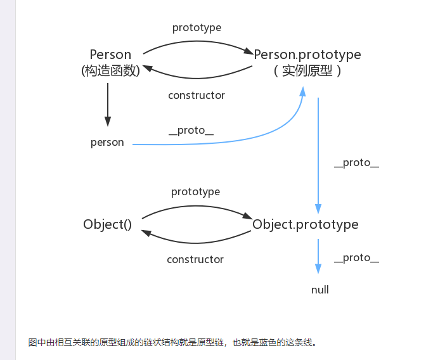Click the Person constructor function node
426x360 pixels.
[x=110, y=55]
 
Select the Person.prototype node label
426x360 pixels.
[x=307, y=55]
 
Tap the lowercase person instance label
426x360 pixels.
[x=107, y=143]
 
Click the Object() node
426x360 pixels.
[x=107, y=224]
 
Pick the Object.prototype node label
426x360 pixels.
[x=305, y=224]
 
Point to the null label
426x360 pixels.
[x=320, y=290]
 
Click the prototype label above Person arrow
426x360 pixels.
[x=197, y=28]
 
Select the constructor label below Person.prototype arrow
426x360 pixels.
[x=197, y=95]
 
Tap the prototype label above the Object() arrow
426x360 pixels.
[x=195, y=191]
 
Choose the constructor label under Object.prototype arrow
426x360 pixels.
[x=195, y=259]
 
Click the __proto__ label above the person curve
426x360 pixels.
[x=191, y=131]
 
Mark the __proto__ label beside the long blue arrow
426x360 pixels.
[x=356, y=163]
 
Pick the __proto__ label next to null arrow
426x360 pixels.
[x=356, y=258]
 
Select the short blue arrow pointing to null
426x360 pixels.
[x=318, y=256]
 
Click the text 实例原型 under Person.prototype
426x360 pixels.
[x=307, y=71]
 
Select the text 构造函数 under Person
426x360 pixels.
[x=110, y=71]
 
